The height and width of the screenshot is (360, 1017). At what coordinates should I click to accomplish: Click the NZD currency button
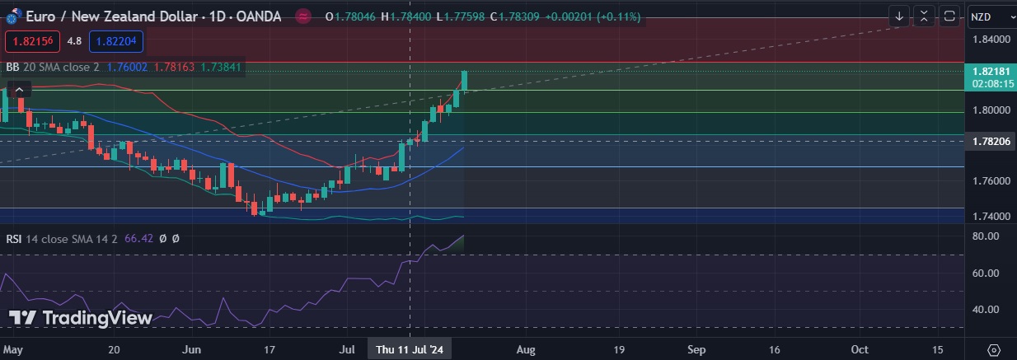986,16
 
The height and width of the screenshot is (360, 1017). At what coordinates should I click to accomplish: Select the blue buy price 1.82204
119,40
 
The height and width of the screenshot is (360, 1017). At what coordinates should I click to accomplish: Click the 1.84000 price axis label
991,39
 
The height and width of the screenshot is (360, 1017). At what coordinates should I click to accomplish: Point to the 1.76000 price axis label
991,180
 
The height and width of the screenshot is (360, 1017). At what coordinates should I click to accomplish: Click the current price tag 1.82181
991,72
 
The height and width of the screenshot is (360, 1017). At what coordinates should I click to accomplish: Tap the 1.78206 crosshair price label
991,141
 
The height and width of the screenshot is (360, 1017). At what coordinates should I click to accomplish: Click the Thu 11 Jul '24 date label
410,349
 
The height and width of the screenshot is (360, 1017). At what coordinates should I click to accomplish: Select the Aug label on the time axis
525,349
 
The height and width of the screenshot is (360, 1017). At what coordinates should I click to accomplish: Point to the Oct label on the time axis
860,349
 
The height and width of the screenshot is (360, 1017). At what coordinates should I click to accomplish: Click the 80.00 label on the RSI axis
986,236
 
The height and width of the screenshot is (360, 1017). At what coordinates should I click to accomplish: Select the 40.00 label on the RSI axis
986,310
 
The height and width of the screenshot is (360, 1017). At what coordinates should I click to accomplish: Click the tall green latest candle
465,80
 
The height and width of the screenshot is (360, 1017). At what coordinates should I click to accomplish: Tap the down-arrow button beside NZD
899,16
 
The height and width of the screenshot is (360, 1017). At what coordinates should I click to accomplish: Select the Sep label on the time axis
696,349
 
